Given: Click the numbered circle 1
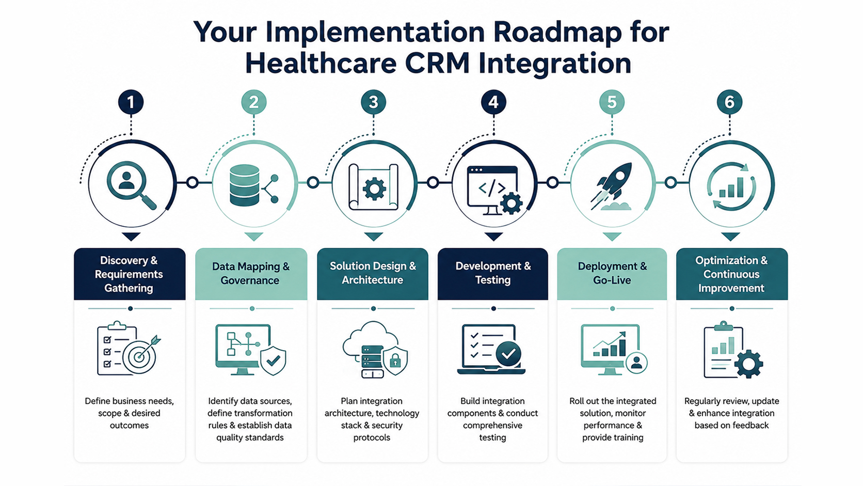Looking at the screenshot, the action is tap(131, 102).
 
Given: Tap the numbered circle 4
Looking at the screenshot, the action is tap(493, 102).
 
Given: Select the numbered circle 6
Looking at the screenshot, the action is tap(730, 102).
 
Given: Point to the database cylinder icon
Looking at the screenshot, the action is tap(244, 185).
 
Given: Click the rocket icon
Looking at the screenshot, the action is tap(612, 186).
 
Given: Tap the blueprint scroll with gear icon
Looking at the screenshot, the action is tap(373, 187).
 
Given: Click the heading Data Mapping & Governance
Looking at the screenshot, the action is tap(250, 273).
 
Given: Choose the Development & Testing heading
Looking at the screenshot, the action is tap(493, 273).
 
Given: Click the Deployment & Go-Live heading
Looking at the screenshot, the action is tap(612, 273).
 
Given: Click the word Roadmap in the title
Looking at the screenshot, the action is tap(557, 32).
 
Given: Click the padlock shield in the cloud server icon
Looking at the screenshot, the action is tap(395, 360).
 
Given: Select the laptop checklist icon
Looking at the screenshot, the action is tap(491, 349).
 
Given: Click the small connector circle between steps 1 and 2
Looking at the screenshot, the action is tap(192, 182).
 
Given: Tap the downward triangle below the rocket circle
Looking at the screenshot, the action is tap(612, 237).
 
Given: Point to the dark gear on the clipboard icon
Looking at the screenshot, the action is tap(748, 364).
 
